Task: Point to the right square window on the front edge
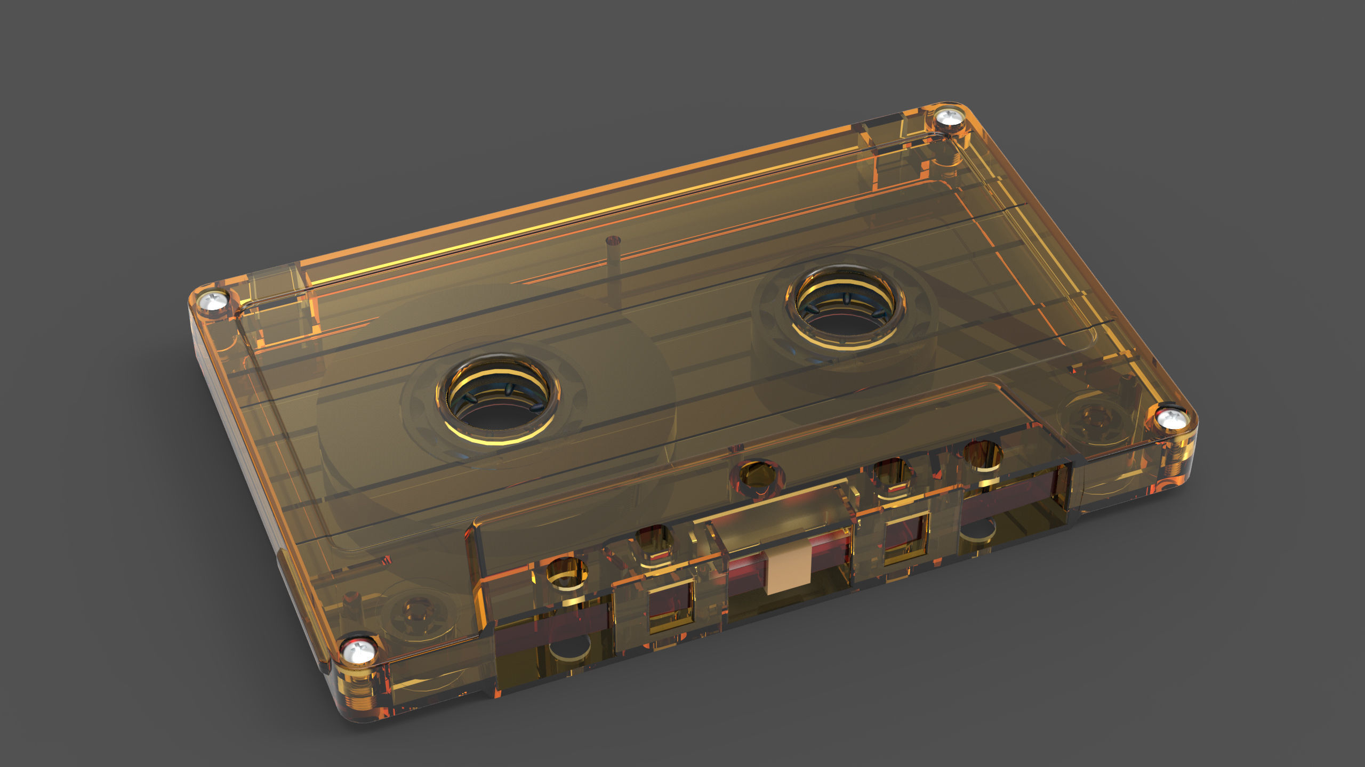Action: coord(906,538)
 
